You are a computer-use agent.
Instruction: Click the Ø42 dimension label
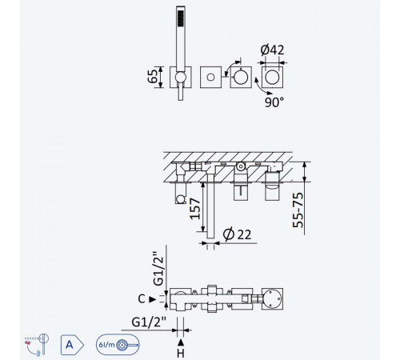coord(272,50)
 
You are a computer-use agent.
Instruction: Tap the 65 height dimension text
coord(153,77)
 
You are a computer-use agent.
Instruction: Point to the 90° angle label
coord(274,102)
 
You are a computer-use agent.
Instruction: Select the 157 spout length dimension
coord(195,209)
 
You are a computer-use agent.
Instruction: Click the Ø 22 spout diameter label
coord(237,234)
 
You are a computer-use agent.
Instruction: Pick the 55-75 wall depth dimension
coord(298,210)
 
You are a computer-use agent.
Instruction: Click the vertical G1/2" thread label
coord(158,268)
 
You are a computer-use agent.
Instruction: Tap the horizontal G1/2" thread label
coord(149,322)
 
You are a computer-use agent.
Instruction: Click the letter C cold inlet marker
coord(142,299)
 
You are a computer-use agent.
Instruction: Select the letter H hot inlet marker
coord(181,354)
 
